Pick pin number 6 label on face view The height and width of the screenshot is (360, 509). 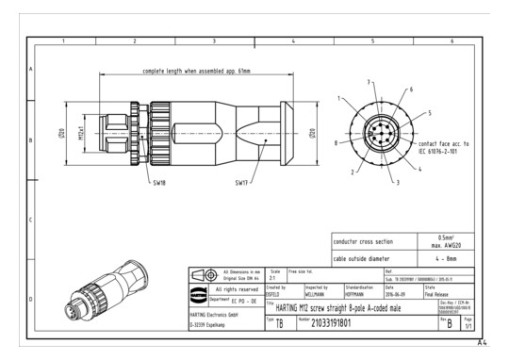click(410, 89)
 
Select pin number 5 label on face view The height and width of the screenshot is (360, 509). click(429, 112)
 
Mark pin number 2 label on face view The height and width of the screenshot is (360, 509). click(352, 173)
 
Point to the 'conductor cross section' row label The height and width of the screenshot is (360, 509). click(363, 240)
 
